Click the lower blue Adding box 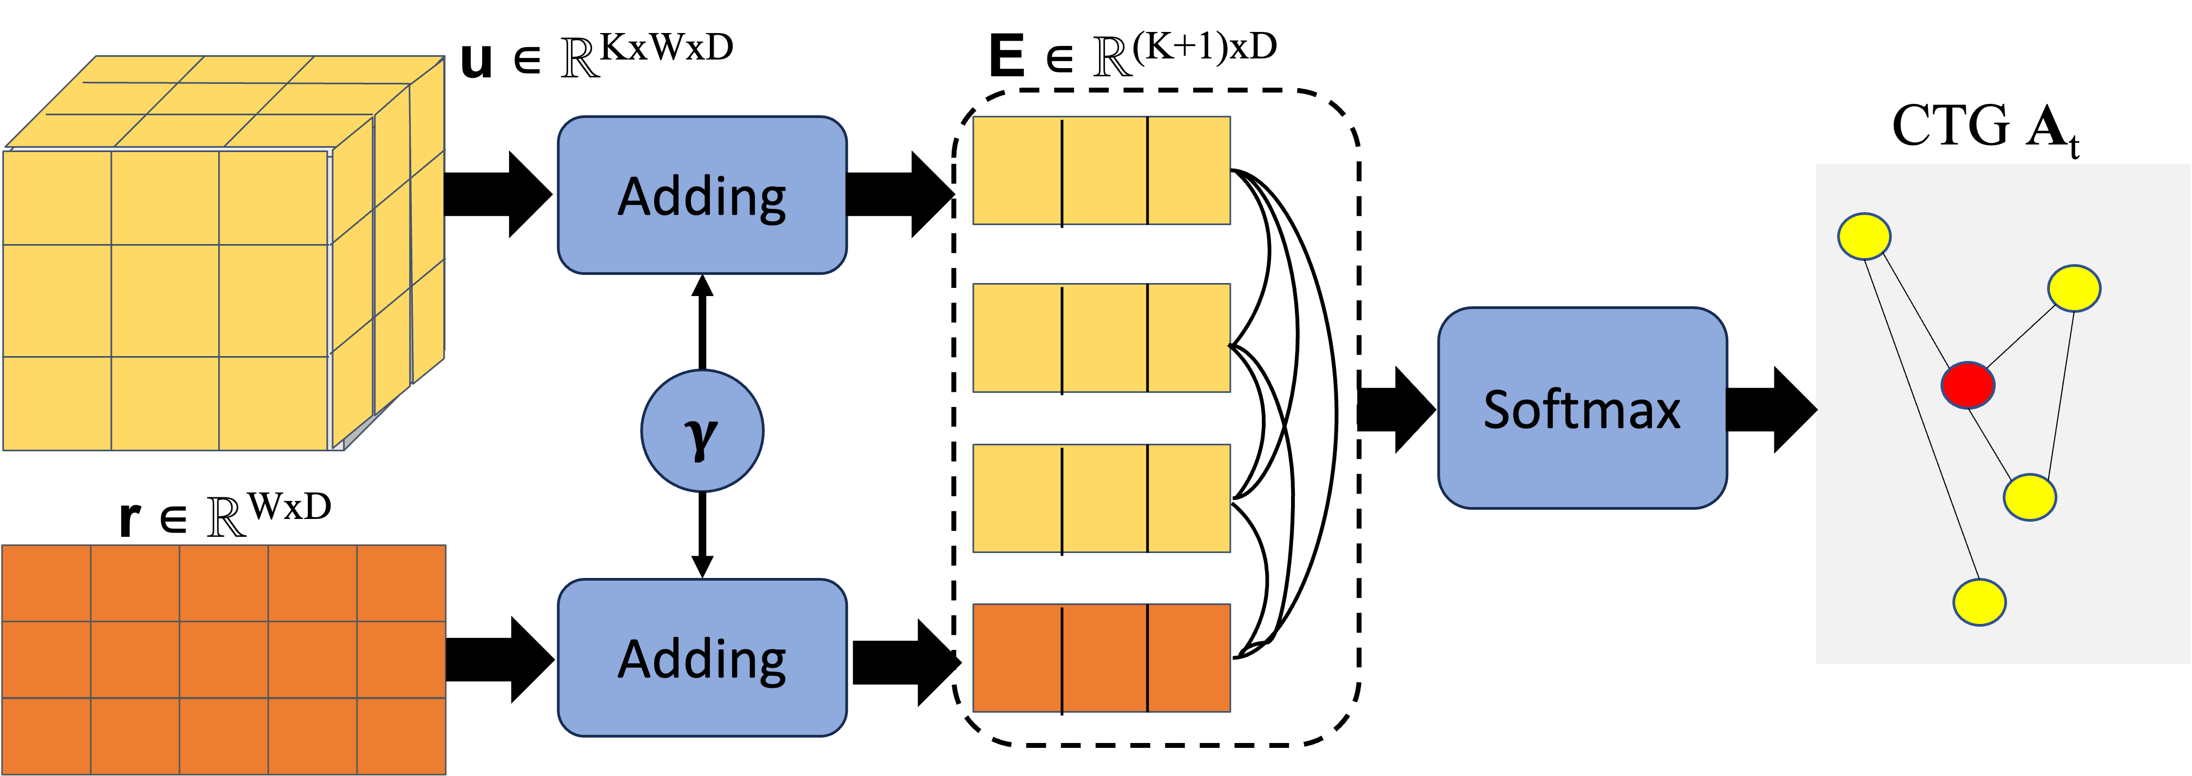coord(702,657)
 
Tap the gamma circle coord(702,431)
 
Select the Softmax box coord(1582,409)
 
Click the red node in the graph coord(1967,385)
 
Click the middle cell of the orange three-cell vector coord(1104,657)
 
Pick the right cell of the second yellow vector coord(1189,338)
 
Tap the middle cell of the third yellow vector coord(1104,498)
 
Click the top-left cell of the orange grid coord(46,584)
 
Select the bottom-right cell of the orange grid coord(401,735)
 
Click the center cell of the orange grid coord(224,660)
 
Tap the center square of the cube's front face coord(165,300)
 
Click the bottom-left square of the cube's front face coord(57,403)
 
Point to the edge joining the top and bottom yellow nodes coord(1921,419)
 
